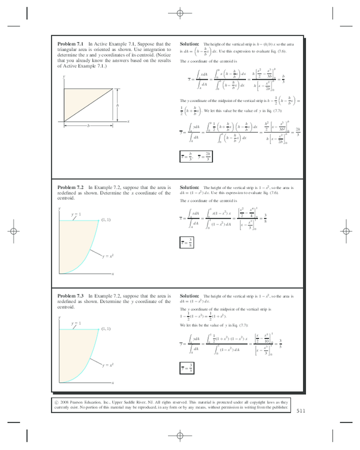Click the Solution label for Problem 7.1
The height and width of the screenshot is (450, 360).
[190, 44]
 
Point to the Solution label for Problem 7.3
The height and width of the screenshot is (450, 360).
[190, 296]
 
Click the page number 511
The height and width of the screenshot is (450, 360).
[301, 410]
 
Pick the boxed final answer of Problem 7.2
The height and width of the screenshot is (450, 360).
[187, 244]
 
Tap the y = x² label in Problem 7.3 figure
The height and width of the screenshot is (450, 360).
[109, 365]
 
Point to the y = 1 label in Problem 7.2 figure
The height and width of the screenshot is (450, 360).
[76, 214]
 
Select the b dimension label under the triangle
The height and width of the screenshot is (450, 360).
[88, 125]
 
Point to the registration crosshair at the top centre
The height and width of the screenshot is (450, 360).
[179, 13]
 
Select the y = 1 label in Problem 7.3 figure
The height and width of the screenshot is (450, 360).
[76, 323]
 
